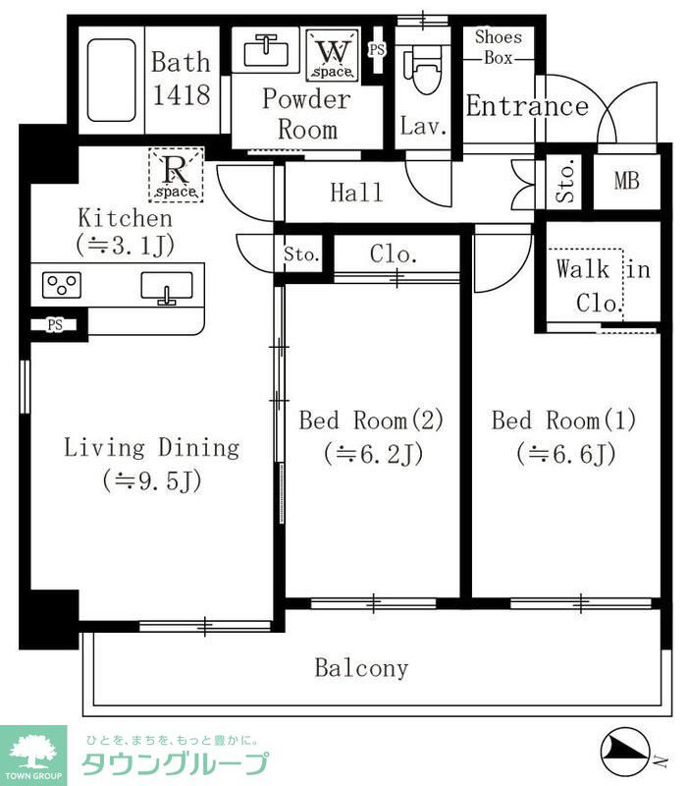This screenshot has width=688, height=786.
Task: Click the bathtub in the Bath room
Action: point(111,81)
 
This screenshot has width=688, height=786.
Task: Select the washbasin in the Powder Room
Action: point(266,52)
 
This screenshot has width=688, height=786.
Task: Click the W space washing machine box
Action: point(333,55)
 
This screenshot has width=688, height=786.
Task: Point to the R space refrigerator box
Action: point(176,175)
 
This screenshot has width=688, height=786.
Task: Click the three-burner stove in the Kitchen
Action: point(62,285)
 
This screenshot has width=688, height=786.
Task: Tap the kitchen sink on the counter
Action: point(167,287)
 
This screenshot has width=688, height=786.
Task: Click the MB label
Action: point(626,181)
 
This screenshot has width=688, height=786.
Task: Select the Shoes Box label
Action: point(499,47)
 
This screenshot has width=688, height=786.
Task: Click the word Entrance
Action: point(527,107)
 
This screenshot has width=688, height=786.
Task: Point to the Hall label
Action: point(356,193)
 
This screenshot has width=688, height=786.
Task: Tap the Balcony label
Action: point(361,669)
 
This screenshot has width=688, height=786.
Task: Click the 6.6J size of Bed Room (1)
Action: point(566,454)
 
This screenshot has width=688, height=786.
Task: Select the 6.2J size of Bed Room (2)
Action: point(374,454)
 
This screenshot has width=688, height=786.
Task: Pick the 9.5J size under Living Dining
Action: point(152,480)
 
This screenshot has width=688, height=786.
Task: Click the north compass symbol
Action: point(626,752)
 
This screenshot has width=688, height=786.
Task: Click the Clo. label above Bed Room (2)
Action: point(394,254)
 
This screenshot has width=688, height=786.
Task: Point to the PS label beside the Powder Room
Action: point(377,50)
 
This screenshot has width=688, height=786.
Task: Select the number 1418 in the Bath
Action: point(182,94)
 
